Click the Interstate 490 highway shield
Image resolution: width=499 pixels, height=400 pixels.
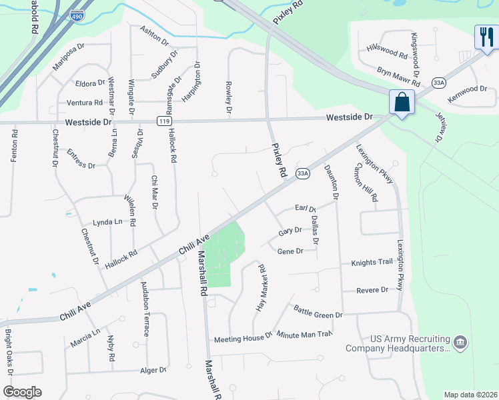pos(79,14)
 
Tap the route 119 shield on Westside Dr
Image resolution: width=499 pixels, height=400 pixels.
pos(163,121)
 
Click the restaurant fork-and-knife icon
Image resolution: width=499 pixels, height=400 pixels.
pos(486,37)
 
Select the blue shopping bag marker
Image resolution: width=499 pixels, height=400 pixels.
pos(402,103)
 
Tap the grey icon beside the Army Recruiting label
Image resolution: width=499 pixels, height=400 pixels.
pos(460,343)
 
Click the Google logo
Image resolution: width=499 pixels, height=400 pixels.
pos(22,391)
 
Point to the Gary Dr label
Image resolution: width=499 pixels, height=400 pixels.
pos(290,231)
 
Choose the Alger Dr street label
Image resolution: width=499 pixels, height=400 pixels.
pos(153,370)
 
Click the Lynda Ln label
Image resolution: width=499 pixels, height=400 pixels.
pos(107,222)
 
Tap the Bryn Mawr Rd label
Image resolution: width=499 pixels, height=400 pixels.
pos(398,77)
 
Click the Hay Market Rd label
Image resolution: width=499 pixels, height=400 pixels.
pos(262,287)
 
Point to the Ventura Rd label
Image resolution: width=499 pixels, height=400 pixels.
pos(85,103)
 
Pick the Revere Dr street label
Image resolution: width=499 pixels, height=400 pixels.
pos(373,290)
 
